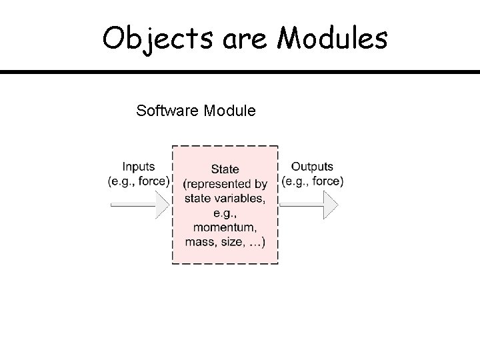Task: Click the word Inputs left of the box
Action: pos(139,167)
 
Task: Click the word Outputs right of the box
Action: pos(313,167)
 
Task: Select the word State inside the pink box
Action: pos(225,169)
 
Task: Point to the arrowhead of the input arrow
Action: pos(163,203)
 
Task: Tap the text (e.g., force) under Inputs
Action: pos(139,180)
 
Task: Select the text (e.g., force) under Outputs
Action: pos(313,180)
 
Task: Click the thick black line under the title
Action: pos(240,71)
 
